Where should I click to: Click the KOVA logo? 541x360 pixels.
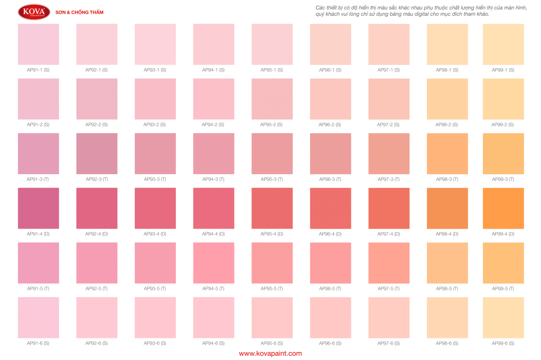pyautogui.click(x=34, y=12)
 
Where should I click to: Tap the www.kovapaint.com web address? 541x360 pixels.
pyautogui.click(x=270, y=353)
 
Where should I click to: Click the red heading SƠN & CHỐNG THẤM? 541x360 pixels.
pyautogui.click(x=79, y=12)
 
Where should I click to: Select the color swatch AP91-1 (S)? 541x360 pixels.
pyautogui.click(x=39, y=44)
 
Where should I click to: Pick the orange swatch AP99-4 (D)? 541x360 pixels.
pyautogui.click(x=503, y=208)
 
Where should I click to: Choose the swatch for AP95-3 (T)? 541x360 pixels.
pyautogui.click(x=272, y=154)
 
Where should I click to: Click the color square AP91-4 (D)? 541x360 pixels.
pyautogui.click(x=39, y=208)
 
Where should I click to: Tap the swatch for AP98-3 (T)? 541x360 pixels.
pyautogui.click(x=447, y=154)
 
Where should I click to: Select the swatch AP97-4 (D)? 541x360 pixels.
pyautogui.click(x=388, y=208)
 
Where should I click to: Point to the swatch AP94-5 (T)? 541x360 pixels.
pyautogui.click(x=213, y=263)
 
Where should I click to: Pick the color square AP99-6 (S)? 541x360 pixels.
pyautogui.click(x=503, y=317)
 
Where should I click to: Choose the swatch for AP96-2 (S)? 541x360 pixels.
pyautogui.click(x=330, y=99)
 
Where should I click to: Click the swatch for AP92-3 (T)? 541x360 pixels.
pyautogui.click(x=97, y=154)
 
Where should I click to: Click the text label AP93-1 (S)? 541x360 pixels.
pyautogui.click(x=155, y=70)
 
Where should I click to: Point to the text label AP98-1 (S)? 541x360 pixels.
pyautogui.click(x=447, y=70)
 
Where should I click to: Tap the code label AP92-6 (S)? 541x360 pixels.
pyautogui.click(x=97, y=343)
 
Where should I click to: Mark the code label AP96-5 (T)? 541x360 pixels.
pyautogui.click(x=330, y=288)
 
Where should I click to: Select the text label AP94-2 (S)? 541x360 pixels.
pyautogui.click(x=213, y=125)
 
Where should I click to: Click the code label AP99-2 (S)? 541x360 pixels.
pyautogui.click(x=503, y=125)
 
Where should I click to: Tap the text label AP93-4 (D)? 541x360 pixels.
pyautogui.click(x=155, y=233)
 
